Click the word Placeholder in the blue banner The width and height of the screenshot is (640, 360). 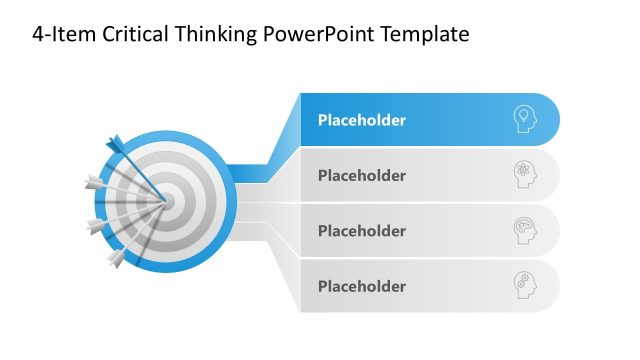tap(362, 121)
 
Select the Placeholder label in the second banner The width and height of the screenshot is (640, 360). tap(362, 176)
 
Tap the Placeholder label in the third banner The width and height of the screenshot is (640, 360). tap(362, 231)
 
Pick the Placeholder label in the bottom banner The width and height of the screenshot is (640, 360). tap(362, 286)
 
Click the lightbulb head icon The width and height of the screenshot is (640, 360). tap(524, 119)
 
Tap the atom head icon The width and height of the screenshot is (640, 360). tap(524, 174)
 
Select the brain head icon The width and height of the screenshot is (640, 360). tap(524, 229)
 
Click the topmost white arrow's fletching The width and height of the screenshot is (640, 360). tap(92, 182)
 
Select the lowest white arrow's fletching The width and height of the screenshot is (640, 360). tap(116, 260)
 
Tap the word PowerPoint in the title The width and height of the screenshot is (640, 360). tap(318, 35)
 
